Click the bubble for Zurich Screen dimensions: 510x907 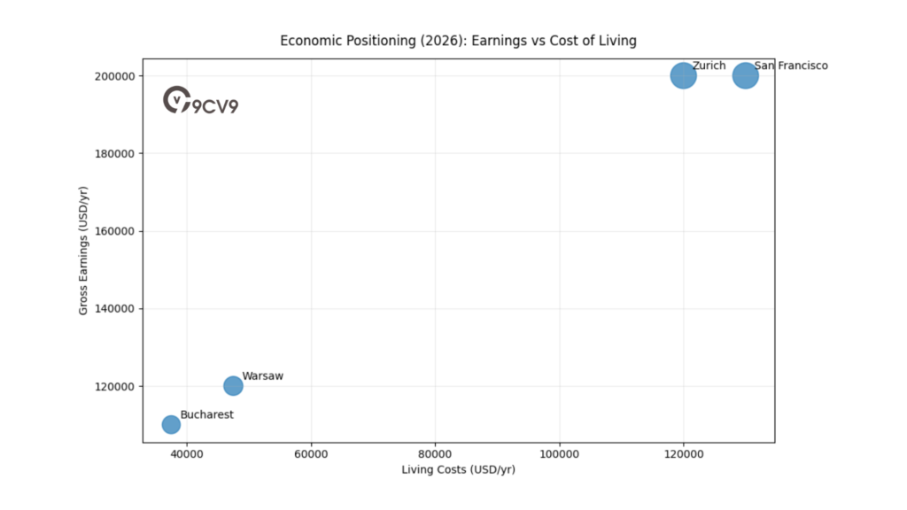coord(683,75)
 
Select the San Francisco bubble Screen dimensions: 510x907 coord(746,75)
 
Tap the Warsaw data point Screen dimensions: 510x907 coord(233,385)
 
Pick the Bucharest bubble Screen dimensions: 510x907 coord(171,424)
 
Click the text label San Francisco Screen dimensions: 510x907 coord(791,66)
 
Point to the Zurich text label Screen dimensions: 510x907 coord(709,66)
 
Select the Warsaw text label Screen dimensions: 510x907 coord(262,376)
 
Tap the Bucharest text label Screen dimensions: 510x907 coord(206,414)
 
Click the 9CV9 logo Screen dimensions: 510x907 coord(201,101)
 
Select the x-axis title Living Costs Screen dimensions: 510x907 coord(458,469)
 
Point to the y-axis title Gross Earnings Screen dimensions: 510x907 coord(83,251)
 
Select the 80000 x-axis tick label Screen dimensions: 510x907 coord(435,453)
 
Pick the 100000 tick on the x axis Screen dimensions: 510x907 coord(559,453)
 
